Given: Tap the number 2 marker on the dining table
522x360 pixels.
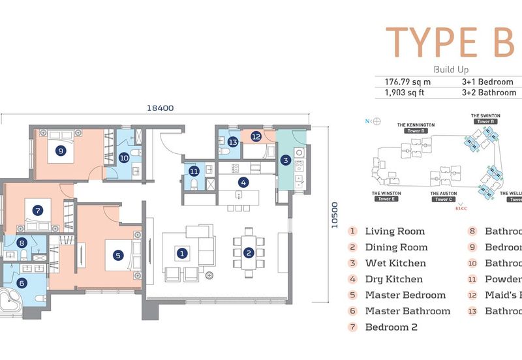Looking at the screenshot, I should (x=248, y=252).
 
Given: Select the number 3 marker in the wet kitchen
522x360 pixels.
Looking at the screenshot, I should (x=286, y=160).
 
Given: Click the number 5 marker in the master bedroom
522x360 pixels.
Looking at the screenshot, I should (x=118, y=256).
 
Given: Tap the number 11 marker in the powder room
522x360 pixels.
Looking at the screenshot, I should (x=194, y=172).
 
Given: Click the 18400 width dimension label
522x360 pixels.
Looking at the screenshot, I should (x=161, y=109).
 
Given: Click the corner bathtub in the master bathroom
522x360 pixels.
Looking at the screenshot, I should (x=12, y=301).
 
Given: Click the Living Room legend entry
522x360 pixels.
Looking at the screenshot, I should (x=394, y=231).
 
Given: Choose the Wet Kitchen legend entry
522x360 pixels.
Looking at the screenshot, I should (x=395, y=263).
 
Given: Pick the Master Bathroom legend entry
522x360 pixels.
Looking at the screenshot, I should (x=407, y=311).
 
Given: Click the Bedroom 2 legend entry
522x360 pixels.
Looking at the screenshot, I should (x=391, y=327).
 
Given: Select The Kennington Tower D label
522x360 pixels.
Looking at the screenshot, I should (x=416, y=128).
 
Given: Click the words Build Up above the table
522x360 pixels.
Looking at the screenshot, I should (x=451, y=68).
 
